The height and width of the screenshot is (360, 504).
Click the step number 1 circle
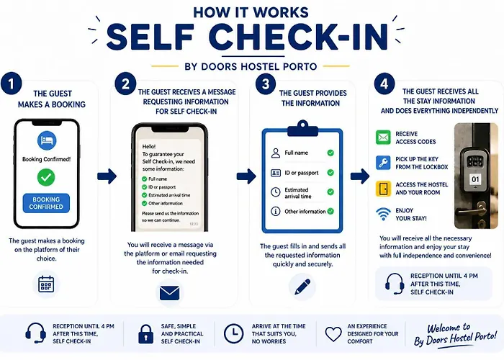pos(12,84)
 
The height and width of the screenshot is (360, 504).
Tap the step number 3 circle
pos(266,84)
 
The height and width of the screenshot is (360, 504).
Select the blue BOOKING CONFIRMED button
pos(46,203)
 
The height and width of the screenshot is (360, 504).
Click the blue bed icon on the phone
pos(47,140)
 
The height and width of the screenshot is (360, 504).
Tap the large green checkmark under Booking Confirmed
pos(46,177)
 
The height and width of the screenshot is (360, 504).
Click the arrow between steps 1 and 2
pos(107,176)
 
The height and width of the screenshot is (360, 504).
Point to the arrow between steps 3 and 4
pos(360,176)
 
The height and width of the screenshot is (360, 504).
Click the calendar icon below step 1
pos(46,284)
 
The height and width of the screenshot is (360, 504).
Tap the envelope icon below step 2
pos(169,293)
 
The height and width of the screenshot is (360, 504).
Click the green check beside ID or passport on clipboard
pos(330,173)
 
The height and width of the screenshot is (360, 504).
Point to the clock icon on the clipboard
pos(276,192)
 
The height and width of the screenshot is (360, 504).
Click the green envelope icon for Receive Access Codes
pos(383,138)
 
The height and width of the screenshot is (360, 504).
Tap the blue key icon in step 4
pos(383,163)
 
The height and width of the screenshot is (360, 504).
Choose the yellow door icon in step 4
pos(383,189)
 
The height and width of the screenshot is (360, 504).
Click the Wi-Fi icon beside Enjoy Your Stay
pos(383,214)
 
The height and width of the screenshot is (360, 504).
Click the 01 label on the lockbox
pos(475,179)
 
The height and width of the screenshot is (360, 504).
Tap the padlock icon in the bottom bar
pos(145,334)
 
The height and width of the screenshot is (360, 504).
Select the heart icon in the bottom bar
pos(333,334)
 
